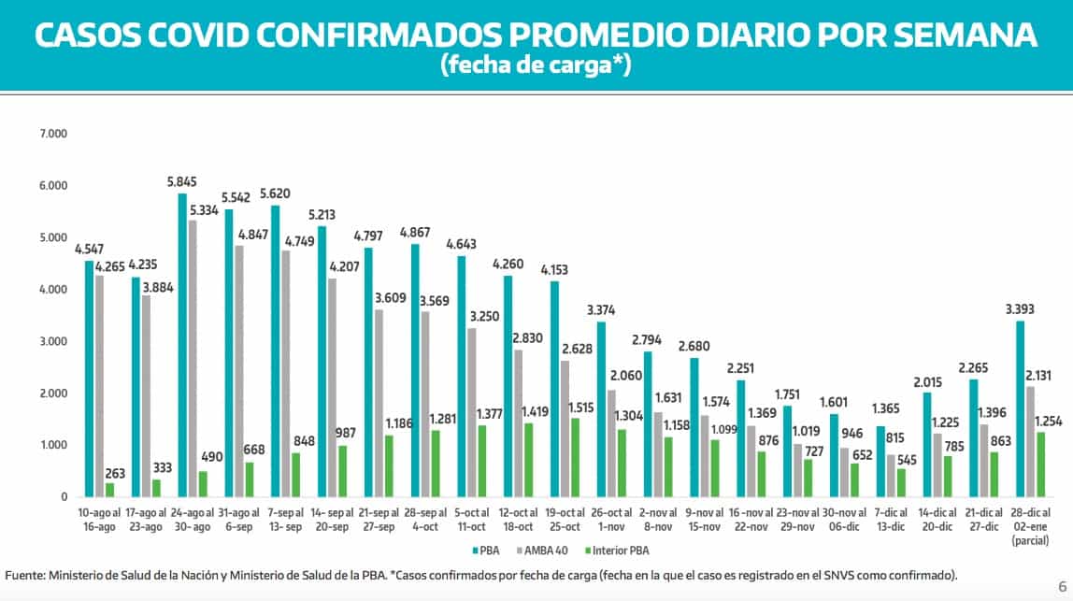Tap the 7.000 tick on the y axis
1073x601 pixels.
tap(54, 135)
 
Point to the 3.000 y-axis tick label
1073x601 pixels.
tap(54, 342)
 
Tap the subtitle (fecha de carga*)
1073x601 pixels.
tap(536, 65)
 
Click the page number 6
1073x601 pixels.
tap(1062, 586)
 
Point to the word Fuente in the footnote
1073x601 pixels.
tap(26, 574)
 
